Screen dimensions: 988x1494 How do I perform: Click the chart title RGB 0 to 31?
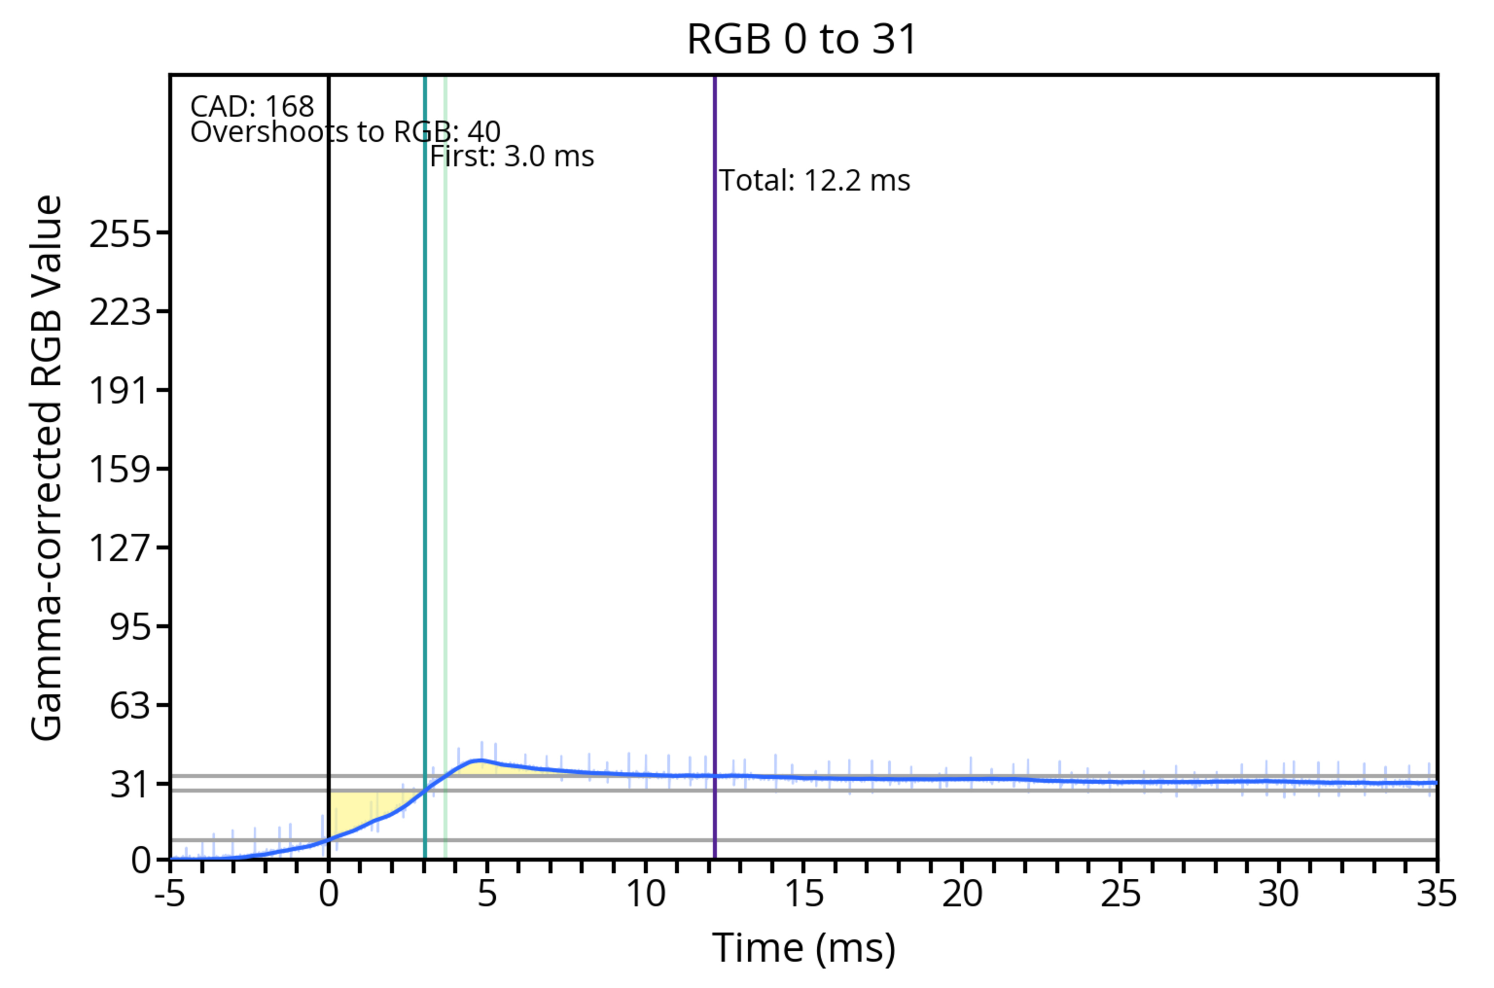[801, 39]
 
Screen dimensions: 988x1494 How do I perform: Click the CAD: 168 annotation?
[252, 107]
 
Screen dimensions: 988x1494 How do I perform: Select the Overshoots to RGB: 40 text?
[345, 132]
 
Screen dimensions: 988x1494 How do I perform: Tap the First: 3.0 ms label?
[512, 156]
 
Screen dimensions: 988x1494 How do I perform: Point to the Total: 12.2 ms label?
[814, 181]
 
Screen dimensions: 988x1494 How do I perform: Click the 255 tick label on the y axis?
[120, 235]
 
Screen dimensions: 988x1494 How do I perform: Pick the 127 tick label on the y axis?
[120, 548]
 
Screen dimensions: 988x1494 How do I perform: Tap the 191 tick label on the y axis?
[120, 391]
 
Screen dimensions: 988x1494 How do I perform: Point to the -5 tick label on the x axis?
[170, 893]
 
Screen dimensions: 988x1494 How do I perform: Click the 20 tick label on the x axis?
[962, 893]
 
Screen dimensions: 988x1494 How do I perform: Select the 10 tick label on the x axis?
[645, 893]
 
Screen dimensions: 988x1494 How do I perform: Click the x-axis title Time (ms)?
[803, 948]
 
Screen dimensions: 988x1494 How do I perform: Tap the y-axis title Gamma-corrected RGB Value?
[47, 468]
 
